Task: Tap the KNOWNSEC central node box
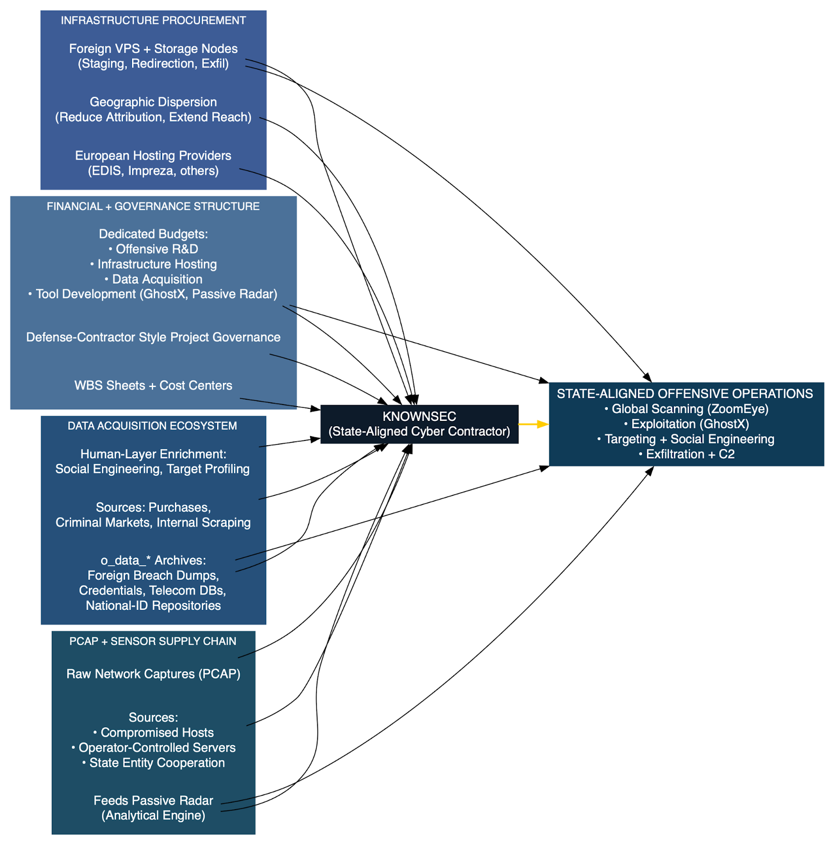(x=419, y=424)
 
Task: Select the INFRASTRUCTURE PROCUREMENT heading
(x=153, y=21)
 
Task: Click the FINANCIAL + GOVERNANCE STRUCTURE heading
(x=153, y=206)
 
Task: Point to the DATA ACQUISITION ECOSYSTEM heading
(x=152, y=426)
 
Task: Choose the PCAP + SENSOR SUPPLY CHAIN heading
(x=153, y=641)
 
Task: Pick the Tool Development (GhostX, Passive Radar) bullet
(x=153, y=294)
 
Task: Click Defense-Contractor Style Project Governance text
(x=153, y=337)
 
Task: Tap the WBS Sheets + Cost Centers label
(x=153, y=386)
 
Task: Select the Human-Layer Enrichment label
(x=153, y=454)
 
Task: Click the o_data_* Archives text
(x=153, y=560)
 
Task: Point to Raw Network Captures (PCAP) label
(x=153, y=674)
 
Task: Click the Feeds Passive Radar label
(x=153, y=801)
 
